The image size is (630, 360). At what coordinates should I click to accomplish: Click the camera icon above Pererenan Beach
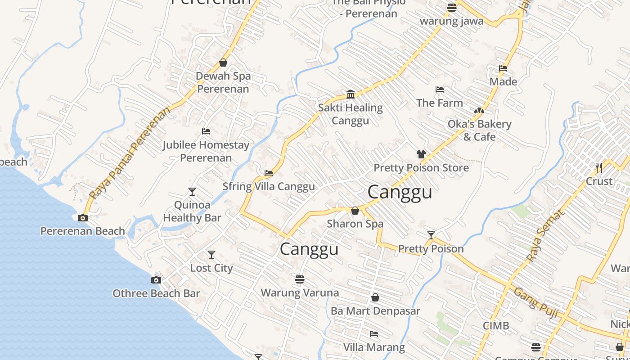(x=83, y=218)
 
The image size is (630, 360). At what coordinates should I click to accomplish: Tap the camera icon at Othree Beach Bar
(x=156, y=280)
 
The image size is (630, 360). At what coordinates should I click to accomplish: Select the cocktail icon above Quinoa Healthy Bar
(x=192, y=192)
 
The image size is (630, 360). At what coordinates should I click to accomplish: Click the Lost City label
(x=211, y=268)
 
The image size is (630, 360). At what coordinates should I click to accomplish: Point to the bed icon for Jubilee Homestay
(x=206, y=131)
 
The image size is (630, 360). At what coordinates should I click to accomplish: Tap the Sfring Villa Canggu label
(x=269, y=186)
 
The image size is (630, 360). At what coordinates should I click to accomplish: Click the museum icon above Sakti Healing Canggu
(x=351, y=94)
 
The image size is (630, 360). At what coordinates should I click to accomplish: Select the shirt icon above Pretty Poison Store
(x=421, y=154)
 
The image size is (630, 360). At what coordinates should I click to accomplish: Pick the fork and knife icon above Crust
(x=599, y=167)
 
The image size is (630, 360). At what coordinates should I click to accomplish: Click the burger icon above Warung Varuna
(x=300, y=279)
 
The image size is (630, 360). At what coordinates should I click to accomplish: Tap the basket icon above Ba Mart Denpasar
(x=375, y=297)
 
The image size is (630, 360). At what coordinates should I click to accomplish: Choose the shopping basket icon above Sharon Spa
(x=355, y=211)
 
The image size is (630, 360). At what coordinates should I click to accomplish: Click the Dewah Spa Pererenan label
(x=223, y=82)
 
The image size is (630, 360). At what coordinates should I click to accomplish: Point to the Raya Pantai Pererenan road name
(x=130, y=153)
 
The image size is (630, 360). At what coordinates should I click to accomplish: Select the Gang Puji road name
(x=536, y=303)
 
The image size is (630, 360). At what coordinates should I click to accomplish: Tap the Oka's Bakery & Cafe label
(x=479, y=130)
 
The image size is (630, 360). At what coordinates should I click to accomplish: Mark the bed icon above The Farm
(x=440, y=90)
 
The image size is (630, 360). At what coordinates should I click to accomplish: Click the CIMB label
(x=496, y=326)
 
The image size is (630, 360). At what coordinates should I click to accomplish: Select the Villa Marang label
(x=374, y=347)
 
